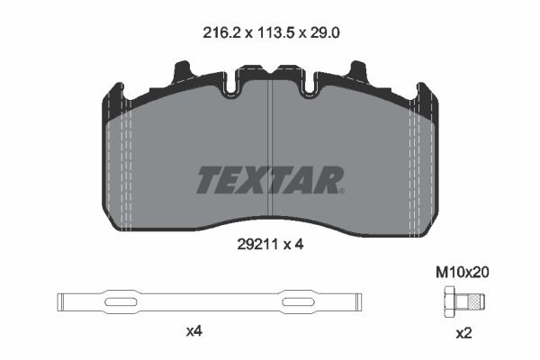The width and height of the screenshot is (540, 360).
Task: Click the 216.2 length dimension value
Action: [x=222, y=33]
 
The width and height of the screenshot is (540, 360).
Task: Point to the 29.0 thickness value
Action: [x=325, y=33]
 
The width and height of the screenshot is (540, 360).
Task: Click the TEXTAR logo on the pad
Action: [x=270, y=180]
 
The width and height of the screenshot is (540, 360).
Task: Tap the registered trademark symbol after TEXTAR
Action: [x=341, y=191]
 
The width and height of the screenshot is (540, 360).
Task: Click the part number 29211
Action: [x=257, y=245]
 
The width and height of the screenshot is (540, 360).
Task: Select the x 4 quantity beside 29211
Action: [x=293, y=245]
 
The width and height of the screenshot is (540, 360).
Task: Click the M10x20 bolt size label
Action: [x=463, y=273]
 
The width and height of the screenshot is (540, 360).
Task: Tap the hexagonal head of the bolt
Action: [x=449, y=301]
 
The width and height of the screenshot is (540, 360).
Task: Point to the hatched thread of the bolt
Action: [x=475, y=301]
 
